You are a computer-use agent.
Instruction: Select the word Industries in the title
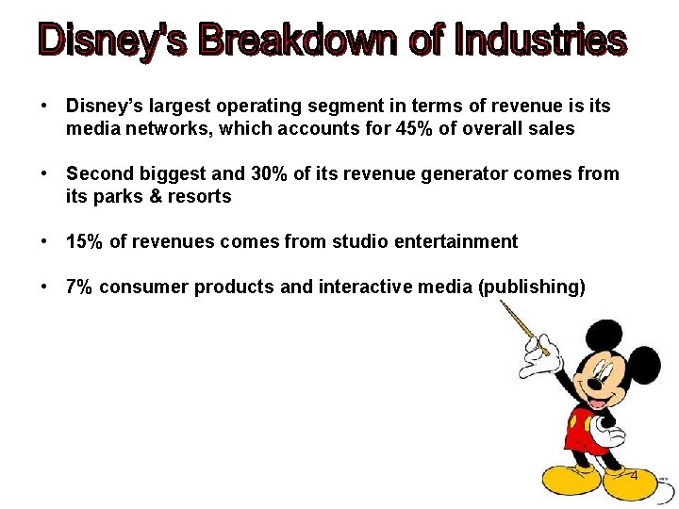coord(539,41)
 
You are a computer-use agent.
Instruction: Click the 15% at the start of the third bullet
coord(85,241)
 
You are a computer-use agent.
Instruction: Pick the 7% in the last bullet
coord(80,287)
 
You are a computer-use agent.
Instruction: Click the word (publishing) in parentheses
coord(532,287)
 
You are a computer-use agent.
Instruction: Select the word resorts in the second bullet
coord(201,196)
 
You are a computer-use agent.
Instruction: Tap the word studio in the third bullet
coord(353,241)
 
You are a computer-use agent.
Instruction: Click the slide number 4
coord(634,476)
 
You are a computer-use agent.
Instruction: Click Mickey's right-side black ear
coord(644,364)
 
